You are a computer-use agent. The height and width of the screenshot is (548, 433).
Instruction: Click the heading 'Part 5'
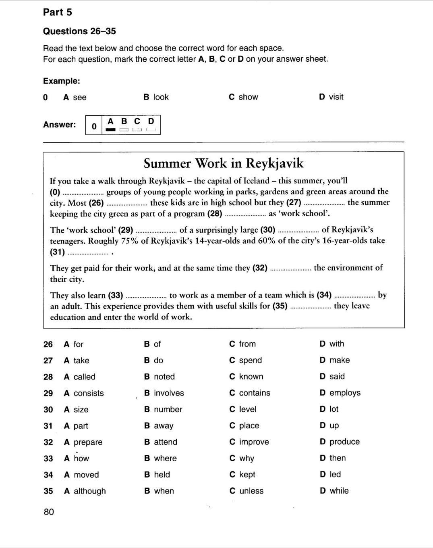[x=57, y=12]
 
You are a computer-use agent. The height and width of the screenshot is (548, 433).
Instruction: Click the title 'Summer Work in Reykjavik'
[x=224, y=163]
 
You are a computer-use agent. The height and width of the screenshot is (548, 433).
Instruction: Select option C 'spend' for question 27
[x=245, y=360]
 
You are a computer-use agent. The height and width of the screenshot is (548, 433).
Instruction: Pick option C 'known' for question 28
[x=246, y=377]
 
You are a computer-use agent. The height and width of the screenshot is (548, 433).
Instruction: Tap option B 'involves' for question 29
[x=164, y=393]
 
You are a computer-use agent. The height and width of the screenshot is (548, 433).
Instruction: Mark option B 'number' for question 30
[x=163, y=409]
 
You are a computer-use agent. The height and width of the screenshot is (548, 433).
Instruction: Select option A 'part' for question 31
[x=76, y=426]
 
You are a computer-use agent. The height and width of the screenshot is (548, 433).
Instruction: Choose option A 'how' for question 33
[x=77, y=458]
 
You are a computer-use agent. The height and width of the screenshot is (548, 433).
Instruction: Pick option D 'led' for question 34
[x=330, y=475]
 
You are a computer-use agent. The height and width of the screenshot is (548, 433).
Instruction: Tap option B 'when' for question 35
[x=159, y=491]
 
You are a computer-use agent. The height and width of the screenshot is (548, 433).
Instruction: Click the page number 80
[x=49, y=512]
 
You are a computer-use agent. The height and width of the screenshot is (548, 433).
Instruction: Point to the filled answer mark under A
[x=110, y=130]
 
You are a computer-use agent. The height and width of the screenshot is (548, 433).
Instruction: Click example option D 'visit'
[x=331, y=97]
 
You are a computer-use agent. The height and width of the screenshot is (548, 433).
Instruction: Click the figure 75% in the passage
[x=130, y=241]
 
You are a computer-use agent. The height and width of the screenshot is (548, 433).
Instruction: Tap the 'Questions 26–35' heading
[x=79, y=31]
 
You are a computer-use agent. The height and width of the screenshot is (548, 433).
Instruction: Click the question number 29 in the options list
[x=48, y=393]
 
